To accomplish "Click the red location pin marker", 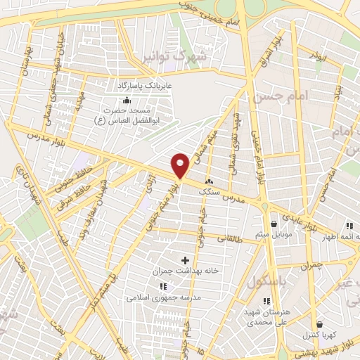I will coord(181,165).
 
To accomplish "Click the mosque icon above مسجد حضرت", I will coord(126,100).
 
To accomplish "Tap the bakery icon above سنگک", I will coord(208,181).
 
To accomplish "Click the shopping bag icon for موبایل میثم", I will coord(273,224).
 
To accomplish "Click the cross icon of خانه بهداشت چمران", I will coord(186,260).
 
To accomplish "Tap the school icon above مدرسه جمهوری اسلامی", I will coord(162,286).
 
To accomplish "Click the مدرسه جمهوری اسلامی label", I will coord(162,297).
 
